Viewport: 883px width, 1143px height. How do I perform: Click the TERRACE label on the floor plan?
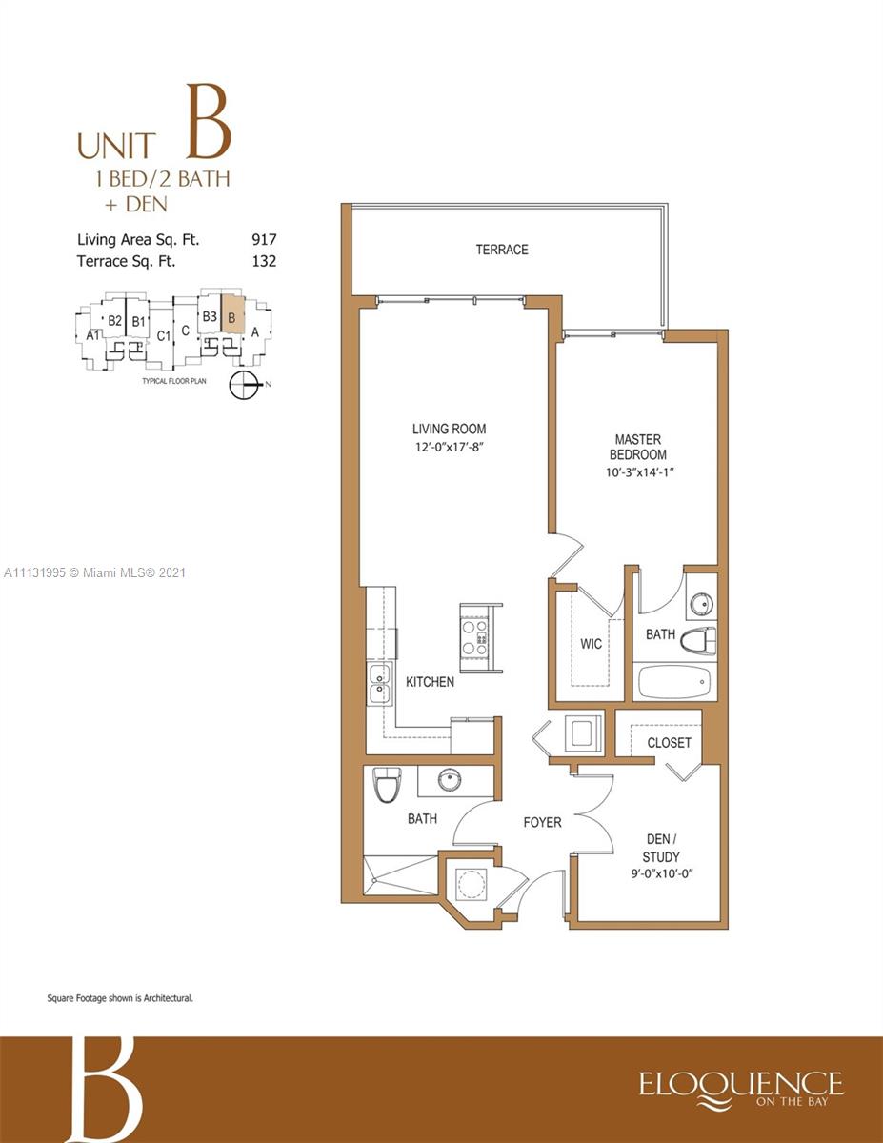pos(502,250)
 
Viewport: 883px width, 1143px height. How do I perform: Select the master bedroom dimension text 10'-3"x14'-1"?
pos(639,472)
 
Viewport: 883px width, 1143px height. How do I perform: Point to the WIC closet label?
pos(591,643)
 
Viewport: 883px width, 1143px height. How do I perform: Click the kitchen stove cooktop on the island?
pos(473,637)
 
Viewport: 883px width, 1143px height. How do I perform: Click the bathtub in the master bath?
pos(673,682)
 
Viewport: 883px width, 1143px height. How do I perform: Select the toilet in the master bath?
pos(698,642)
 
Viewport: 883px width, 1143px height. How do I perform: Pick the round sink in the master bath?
pos(701,602)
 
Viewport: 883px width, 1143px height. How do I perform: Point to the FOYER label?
pos(542,822)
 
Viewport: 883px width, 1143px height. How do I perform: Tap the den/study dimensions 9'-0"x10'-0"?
pos(662,873)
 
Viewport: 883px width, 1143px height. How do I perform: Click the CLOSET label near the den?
pos(669,742)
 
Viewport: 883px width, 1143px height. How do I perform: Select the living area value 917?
pos(264,240)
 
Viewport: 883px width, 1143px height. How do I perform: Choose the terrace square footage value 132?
pos(264,261)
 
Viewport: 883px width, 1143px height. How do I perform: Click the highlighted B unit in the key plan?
pos(231,314)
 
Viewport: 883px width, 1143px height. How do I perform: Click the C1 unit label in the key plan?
pos(164,335)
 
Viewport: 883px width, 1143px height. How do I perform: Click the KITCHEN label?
pos(430,682)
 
